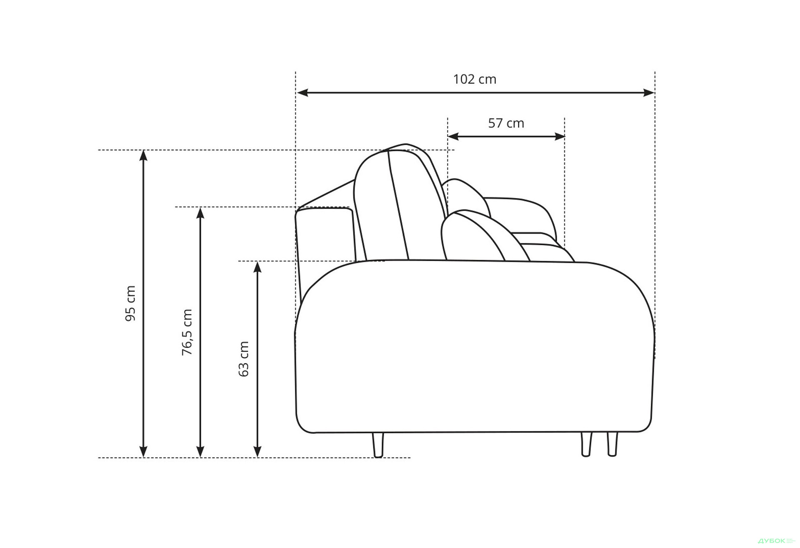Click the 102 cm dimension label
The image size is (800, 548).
[475, 79]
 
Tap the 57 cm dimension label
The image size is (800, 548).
[506, 123]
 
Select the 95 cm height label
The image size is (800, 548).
[131, 303]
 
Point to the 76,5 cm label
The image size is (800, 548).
[187, 332]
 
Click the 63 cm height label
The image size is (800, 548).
[244, 359]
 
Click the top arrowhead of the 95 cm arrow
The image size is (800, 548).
[143, 156]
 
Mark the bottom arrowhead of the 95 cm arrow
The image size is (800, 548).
[143, 452]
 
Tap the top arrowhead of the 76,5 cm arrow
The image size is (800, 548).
[200, 213]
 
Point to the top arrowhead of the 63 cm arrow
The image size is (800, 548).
[257, 267]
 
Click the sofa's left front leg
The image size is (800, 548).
[378, 445]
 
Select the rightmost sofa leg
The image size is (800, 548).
[612, 444]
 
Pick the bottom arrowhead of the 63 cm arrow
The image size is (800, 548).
[257, 452]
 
